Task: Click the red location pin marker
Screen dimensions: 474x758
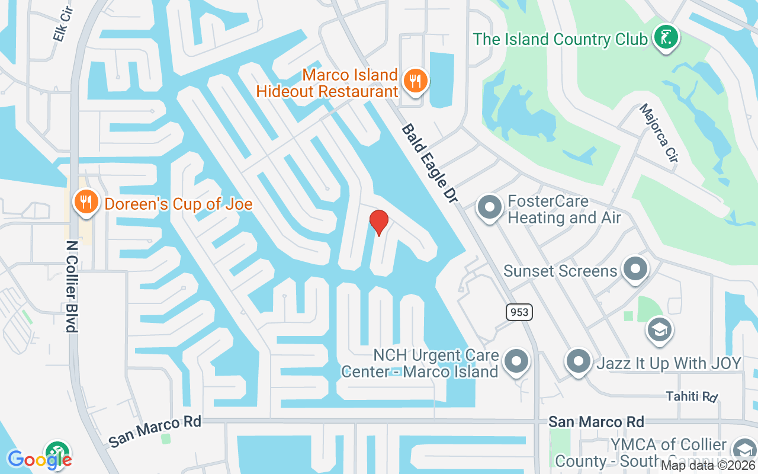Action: point(379,223)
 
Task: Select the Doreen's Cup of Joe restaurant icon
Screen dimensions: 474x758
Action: point(86,202)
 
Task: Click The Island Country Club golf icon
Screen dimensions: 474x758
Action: point(666,37)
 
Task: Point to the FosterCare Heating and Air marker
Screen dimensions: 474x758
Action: point(489,208)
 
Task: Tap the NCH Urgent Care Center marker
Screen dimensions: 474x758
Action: point(516,360)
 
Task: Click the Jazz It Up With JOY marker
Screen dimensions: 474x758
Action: point(578,360)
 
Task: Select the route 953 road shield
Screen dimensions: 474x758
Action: point(519,312)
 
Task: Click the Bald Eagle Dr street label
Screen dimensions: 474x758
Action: point(430,164)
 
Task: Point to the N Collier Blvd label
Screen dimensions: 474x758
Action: point(72,286)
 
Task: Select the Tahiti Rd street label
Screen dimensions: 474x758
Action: point(692,396)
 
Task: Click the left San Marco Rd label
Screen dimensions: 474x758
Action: point(155,431)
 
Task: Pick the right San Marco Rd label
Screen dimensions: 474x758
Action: point(596,422)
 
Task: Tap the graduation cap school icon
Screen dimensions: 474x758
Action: point(659,329)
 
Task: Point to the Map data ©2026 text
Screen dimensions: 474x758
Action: point(708,466)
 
